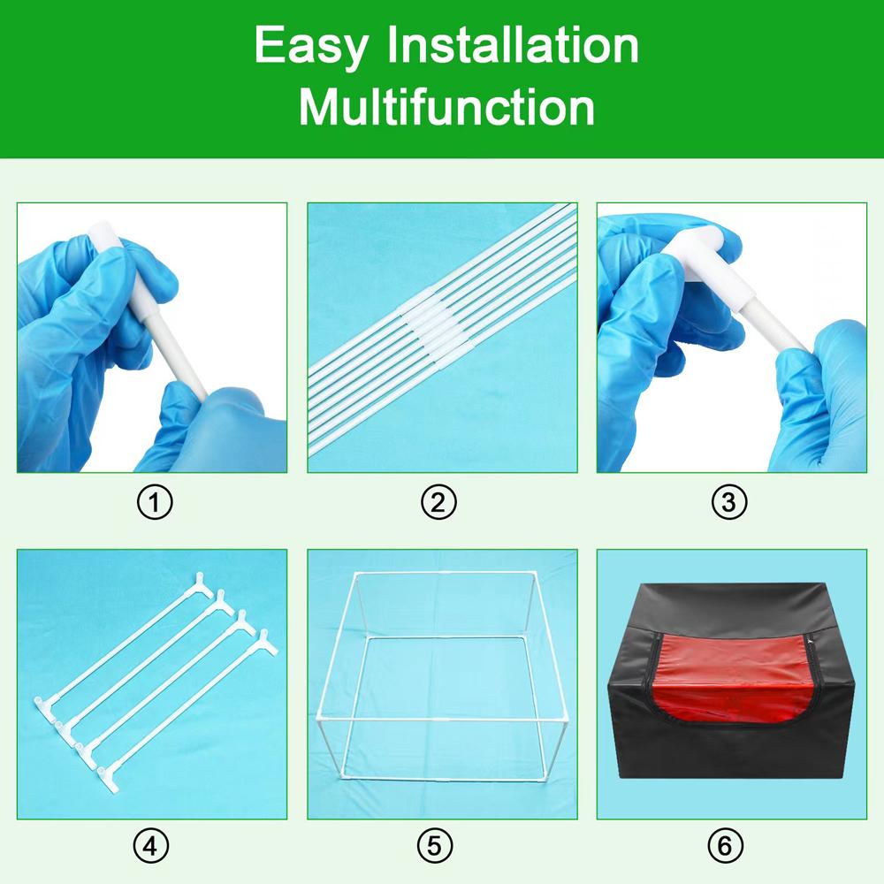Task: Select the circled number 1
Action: [156, 503]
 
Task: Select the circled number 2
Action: [438, 503]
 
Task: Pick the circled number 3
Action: [729, 503]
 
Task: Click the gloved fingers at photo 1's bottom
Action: [212, 424]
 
